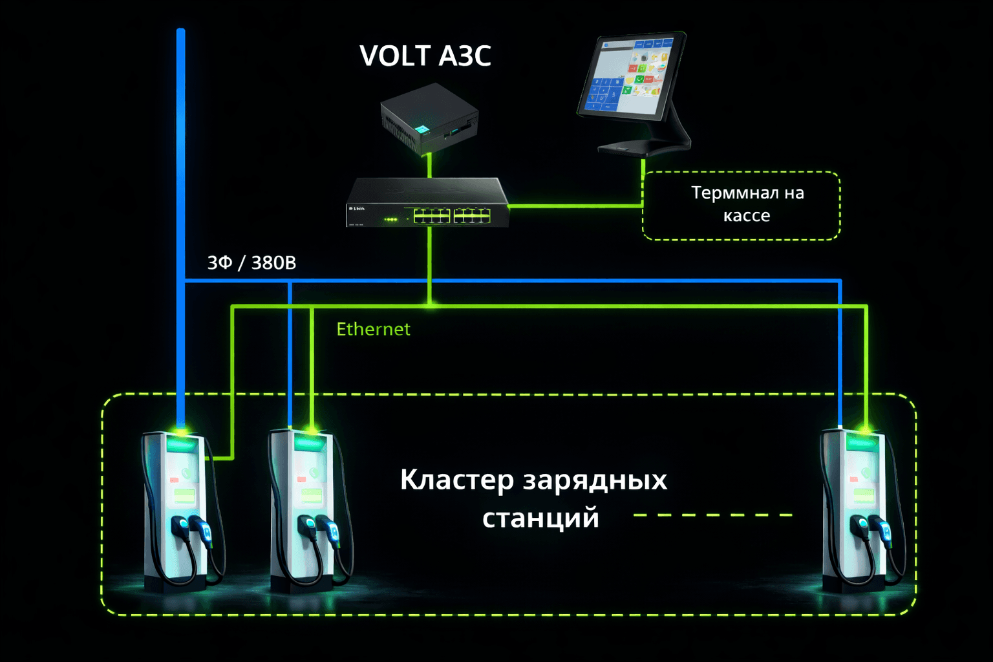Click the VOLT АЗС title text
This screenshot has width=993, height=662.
(x=425, y=56)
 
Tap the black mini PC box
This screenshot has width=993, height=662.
(x=429, y=118)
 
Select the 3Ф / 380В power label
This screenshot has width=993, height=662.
(x=251, y=263)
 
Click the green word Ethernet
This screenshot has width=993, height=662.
(x=373, y=330)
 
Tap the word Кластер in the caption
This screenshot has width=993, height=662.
(x=456, y=480)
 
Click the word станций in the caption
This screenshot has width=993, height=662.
(x=540, y=518)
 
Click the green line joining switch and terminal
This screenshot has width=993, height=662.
(x=575, y=206)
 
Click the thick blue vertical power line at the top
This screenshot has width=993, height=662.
(x=181, y=129)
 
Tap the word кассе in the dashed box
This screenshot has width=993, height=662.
(x=747, y=216)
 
